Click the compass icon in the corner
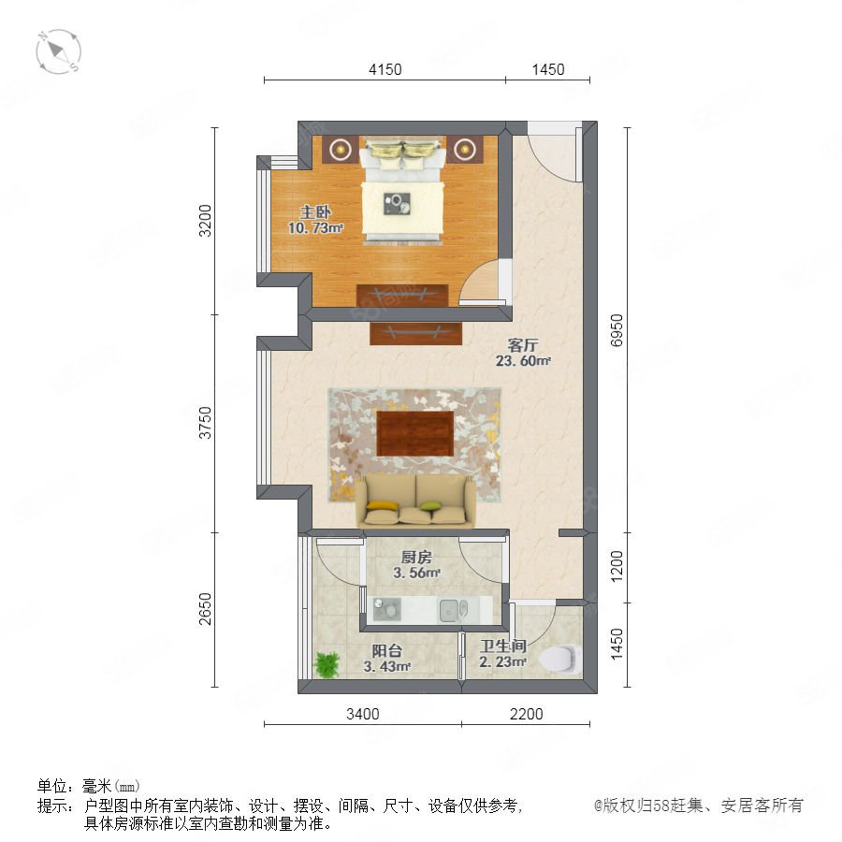pos(58,52)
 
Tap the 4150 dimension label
pos(385,70)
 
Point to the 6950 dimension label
pos(617,330)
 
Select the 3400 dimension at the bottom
pos(362,714)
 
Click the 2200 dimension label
pos(526,714)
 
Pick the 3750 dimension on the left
pos(206,423)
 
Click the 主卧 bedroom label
pos(315,211)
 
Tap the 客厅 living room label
pos(522,344)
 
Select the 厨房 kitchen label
pos(416,558)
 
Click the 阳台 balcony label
pos(386,651)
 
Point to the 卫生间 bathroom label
pos(502,646)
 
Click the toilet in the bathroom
pos(560,659)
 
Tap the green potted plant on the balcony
pos(327,664)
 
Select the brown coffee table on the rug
pos(414,433)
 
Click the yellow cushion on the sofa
pos(383,505)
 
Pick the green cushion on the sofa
pos(430,505)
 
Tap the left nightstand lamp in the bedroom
pos(340,150)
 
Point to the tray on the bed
pos(397,204)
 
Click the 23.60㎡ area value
pos(523,361)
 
